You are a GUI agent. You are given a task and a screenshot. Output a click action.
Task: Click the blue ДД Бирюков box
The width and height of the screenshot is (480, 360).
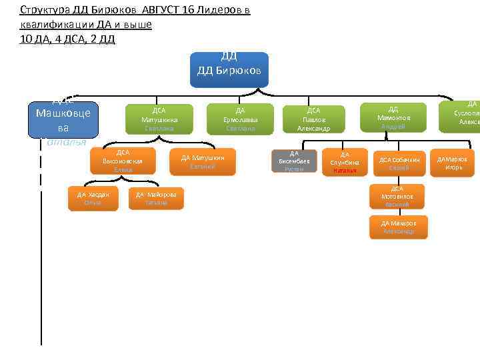(229, 69)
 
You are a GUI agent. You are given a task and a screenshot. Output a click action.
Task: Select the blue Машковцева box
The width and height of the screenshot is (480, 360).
(63, 118)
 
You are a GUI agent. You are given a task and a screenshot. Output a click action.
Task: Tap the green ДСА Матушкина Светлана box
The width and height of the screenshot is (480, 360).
(159, 119)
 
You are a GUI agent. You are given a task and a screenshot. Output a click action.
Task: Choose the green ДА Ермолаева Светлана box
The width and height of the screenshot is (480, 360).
(240, 119)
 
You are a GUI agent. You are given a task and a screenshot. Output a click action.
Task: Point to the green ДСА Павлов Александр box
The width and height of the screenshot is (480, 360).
(313, 119)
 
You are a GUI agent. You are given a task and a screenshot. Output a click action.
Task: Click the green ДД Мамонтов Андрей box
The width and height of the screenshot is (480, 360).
(393, 117)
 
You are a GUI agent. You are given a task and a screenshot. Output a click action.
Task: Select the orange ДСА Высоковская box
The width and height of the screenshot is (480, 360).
(123, 161)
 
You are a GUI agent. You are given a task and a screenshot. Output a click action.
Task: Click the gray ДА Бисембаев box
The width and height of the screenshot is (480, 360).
(294, 161)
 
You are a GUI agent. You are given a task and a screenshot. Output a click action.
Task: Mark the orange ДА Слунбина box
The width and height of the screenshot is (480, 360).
(345, 162)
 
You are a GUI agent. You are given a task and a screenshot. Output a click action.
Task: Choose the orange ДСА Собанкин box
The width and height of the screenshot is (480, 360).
(399, 163)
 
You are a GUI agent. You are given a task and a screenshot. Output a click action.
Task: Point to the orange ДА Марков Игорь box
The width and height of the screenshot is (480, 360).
(452, 163)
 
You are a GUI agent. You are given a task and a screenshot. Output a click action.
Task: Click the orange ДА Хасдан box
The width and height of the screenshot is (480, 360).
(93, 198)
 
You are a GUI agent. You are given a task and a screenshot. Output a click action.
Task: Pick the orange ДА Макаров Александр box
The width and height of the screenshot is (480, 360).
(399, 227)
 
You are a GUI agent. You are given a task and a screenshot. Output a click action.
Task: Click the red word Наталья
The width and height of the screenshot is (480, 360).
(345, 171)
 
